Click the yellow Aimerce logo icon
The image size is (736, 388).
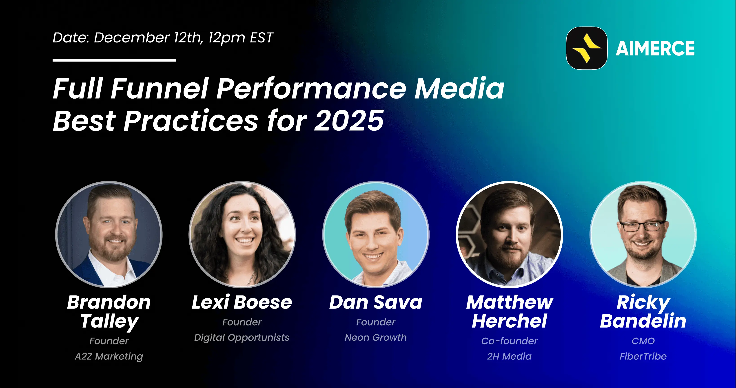coord(587,48)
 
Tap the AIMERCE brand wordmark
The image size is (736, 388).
coord(655,48)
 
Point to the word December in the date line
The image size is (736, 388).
coord(131,38)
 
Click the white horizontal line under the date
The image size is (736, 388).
coord(114,60)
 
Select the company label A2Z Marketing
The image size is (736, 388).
coord(109,356)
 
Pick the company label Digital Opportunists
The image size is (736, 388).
coord(242,337)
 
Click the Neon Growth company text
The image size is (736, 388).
coord(376,337)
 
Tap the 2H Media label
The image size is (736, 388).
coord(510,356)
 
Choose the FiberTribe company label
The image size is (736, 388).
coord(643,356)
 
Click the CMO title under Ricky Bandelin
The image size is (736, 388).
coord(643,341)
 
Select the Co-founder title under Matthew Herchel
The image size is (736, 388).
coord(510,341)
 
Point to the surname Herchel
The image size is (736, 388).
coord(510,321)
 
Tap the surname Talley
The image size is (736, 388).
coord(109,322)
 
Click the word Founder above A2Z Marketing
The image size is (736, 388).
coord(109,341)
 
